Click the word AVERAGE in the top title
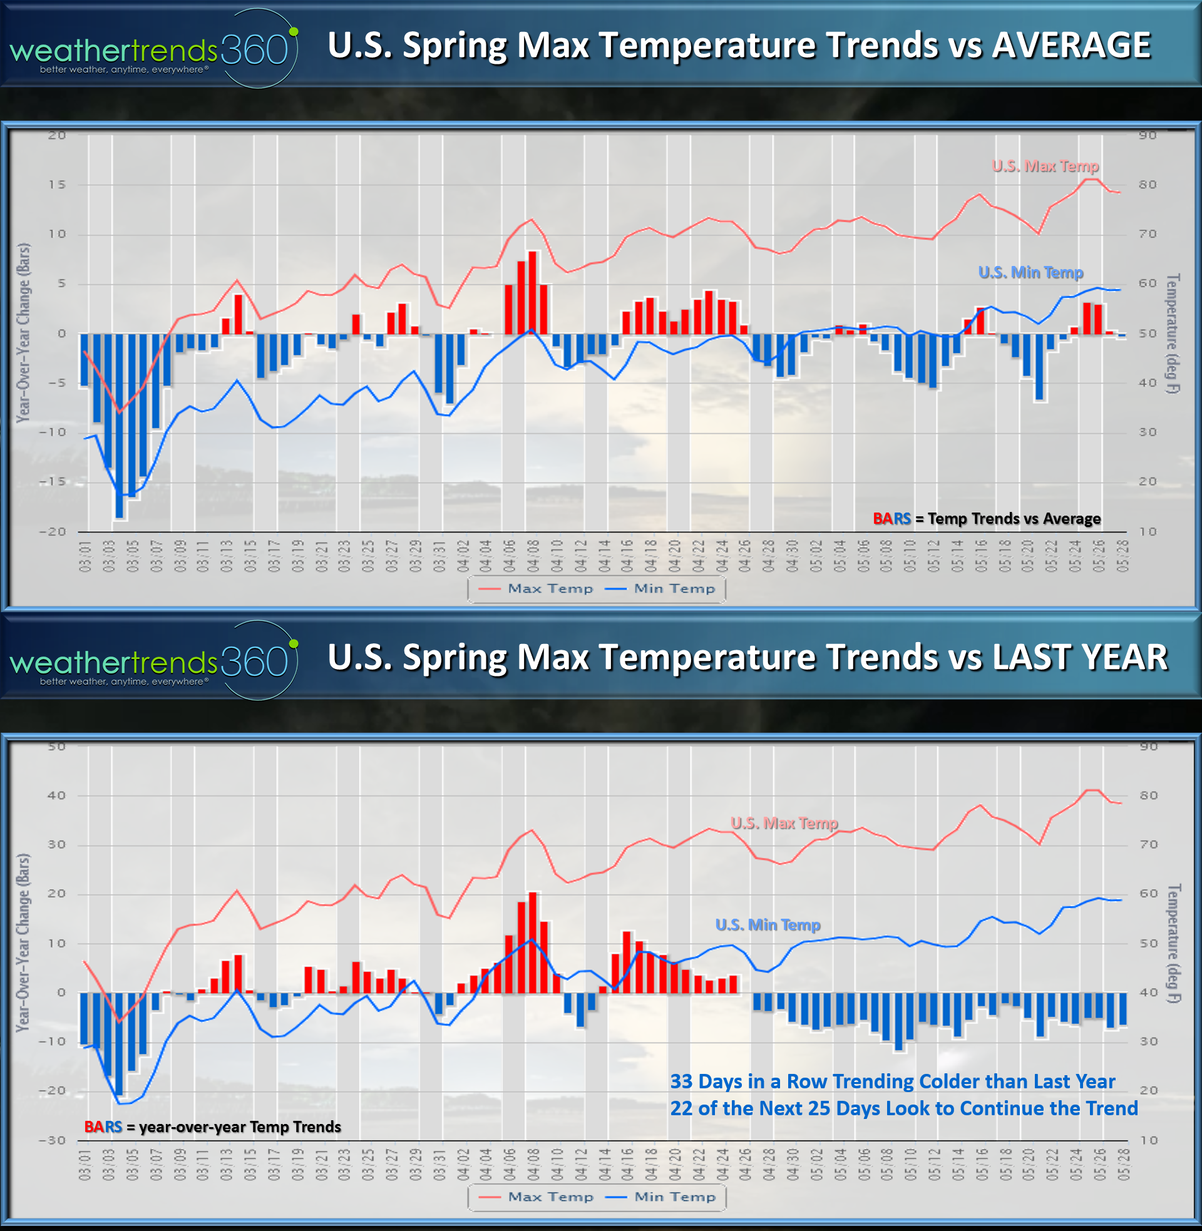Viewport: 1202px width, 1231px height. (x=1071, y=46)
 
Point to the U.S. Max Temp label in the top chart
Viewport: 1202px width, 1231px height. (x=1045, y=166)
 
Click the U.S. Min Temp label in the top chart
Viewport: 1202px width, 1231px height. (x=1030, y=273)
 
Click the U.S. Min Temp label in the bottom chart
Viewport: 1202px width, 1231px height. (x=768, y=925)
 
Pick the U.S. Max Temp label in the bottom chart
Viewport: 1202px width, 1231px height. (x=784, y=823)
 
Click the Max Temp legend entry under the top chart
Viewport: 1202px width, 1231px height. (x=550, y=589)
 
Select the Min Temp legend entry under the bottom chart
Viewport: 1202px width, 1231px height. (x=674, y=1197)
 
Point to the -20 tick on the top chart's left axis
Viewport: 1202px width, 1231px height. (x=53, y=532)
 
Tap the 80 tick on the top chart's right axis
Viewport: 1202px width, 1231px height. (x=1148, y=185)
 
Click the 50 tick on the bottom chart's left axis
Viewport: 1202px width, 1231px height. (x=57, y=747)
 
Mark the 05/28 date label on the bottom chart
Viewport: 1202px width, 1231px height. (x=1122, y=1164)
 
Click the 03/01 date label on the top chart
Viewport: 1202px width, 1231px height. (x=85, y=556)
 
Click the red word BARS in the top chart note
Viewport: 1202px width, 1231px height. (x=891, y=519)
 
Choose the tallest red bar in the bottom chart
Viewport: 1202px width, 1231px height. (x=533, y=942)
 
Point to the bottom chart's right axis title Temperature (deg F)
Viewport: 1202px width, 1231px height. (x=1173, y=943)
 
